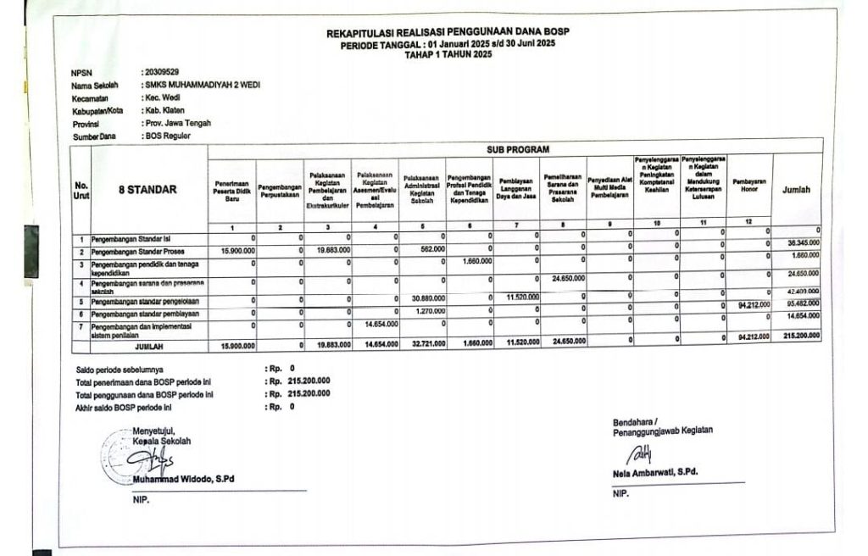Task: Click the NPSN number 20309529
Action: (163, 73)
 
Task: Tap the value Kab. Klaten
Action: (165, 110)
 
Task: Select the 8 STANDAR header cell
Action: (147, 190)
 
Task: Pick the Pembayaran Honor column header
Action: (748, 186)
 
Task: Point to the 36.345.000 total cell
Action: (801, 243)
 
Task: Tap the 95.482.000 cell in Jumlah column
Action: (801, 303)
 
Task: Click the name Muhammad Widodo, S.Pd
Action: (183, 480)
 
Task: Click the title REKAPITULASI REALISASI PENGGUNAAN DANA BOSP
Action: (448, 32)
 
